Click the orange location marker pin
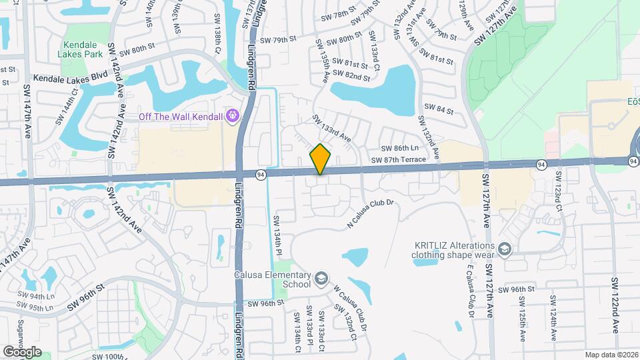pos(320,159)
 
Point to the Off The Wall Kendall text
pos(181,117)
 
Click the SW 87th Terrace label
pos(397,160)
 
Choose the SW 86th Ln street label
pos(399,148)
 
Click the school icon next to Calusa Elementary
pos(321,277)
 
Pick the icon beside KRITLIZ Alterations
pos(505,249)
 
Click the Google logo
pos(23,351)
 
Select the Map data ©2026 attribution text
pos(611,354)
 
